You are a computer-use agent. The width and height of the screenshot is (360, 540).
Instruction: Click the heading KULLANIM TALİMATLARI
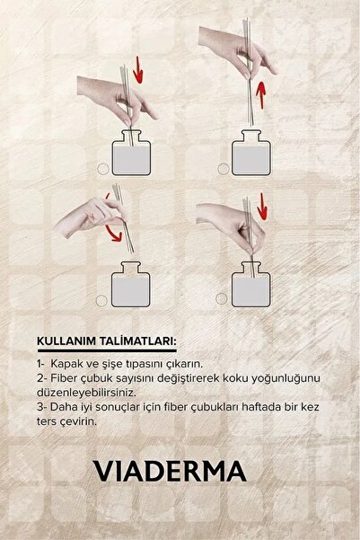pyautogui.click(x=106, y=342)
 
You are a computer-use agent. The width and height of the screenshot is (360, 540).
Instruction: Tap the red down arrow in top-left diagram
pyautogui.click(x=137, y=67)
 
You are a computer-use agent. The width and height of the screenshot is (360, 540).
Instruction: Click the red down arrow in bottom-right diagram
pyautogui.click(x=261, y=203)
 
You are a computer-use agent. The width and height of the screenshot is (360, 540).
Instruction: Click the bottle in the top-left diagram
pyautogui.click(x=132, y=155)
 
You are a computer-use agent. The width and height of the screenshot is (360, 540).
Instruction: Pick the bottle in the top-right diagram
pyautogui.click(x=251, y=155)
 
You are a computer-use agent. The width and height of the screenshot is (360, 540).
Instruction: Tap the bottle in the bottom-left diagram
pyautogui.click(x=132, y=288)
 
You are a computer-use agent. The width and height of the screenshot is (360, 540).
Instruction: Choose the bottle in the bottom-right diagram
pyautogui.click(x=251, y=288)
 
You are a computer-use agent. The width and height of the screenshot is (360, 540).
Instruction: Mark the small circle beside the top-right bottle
pyautogui.click(x=221, y=168)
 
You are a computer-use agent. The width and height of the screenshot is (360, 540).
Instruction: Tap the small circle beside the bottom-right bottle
pyautogui.click(x=221, y=301)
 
